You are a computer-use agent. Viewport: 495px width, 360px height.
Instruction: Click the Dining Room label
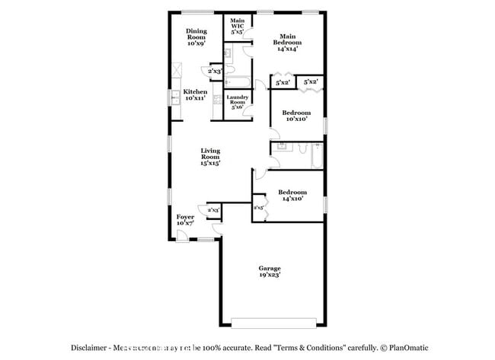click(x=196, y=37)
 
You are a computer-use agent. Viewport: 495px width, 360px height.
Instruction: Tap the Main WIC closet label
click(x=237, y=26)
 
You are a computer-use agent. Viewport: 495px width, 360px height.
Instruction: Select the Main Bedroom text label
click(x=287, y=40)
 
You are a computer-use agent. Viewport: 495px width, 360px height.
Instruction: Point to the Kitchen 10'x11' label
click(x=195, y=95)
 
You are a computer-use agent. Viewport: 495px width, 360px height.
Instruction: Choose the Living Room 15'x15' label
click(x=211, y=157)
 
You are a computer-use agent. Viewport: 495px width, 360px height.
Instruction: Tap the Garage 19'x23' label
click(x=270, y=272)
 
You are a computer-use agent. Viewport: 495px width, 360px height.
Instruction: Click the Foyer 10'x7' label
click(x=185, y=221)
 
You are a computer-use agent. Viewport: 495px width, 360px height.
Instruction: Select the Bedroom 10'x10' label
click(x=296, y=116)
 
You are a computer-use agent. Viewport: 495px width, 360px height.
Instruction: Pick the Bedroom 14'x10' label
click(x=291, y=195)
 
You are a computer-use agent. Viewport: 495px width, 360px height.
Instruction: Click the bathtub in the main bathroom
click(x=235, y=83)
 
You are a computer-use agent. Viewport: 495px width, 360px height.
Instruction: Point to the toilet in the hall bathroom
click(x=304, y=147)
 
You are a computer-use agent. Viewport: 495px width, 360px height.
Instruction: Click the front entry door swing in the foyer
click(x=184, y=235)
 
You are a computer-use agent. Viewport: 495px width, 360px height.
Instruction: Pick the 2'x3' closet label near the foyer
click(x=213, y=209)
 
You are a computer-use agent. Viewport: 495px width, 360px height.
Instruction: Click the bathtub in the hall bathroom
click(x=318, y=156)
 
